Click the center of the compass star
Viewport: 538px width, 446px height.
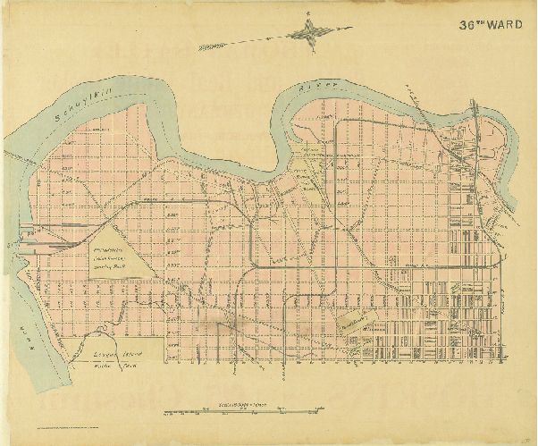pyautogui.click(x=309, y=34)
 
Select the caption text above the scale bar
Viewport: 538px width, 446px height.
pyautogui.click(x=241, y=404)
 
